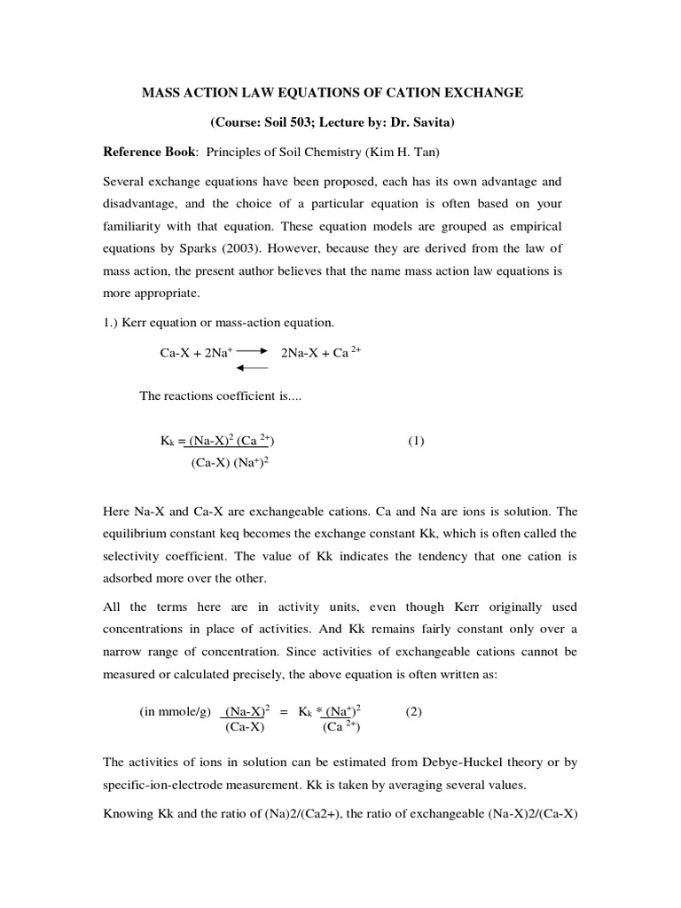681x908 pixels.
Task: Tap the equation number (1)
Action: [416, 441]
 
